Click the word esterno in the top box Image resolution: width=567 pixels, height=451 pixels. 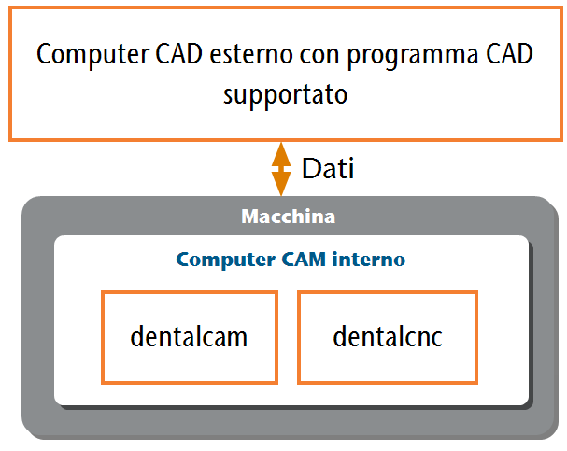251,54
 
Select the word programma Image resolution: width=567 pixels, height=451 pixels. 413,57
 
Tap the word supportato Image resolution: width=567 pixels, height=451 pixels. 285,95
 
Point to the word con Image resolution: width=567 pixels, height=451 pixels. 319,56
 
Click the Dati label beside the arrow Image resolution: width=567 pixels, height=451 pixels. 328,168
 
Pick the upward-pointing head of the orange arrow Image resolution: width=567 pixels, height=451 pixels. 281,154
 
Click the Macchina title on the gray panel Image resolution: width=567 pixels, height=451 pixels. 289,217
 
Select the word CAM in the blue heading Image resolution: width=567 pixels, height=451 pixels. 304,260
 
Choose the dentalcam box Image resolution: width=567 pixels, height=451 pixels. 190,337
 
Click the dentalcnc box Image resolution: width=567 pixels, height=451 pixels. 388,337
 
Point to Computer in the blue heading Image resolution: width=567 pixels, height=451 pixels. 226,260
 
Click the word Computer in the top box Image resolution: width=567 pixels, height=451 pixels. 92,55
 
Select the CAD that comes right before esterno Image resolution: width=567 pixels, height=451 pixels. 178,54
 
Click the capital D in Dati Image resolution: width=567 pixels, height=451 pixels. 310,169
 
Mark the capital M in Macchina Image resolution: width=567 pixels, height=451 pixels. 250,217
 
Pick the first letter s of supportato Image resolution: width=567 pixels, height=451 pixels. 228,96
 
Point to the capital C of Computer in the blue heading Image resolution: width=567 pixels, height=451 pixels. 183,260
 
